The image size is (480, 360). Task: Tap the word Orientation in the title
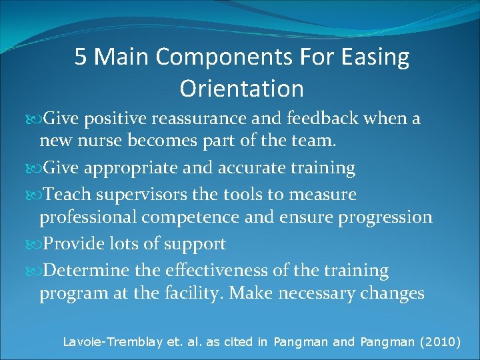pos(241,88)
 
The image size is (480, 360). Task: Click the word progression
pos(377,217)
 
